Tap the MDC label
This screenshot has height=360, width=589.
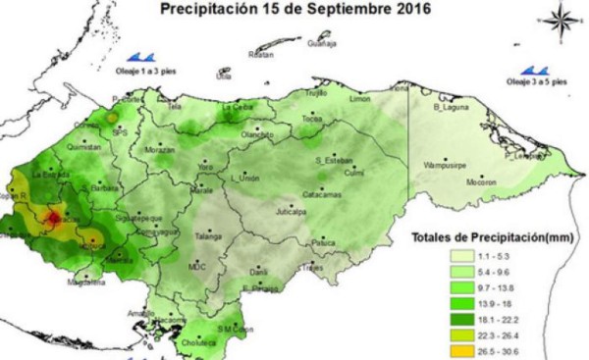point(196,265)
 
